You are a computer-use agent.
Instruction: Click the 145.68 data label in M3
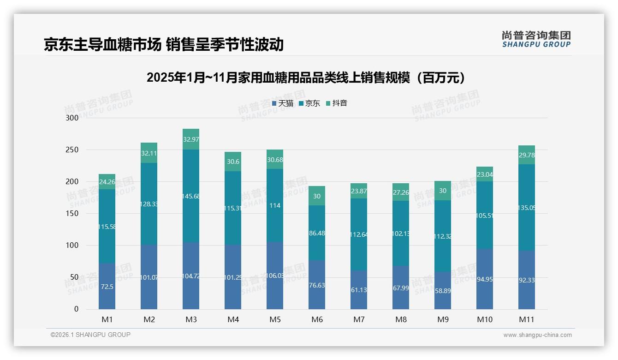click(x=191, y=197)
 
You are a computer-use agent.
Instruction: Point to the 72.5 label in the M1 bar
click(x=107, y=287)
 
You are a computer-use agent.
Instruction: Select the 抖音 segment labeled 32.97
click(x=191, y=139)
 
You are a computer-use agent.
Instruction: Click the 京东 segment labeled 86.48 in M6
click(x=317, y=234)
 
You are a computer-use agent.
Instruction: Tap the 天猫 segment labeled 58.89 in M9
click(x=443, y=291)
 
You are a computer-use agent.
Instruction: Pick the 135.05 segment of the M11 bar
click(x=527, y=208)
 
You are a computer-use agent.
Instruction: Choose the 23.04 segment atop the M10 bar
click(x=485, y=174)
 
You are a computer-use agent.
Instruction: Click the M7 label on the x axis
click(x=359, y=319)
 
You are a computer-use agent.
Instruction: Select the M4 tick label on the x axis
click(x=233, y=319)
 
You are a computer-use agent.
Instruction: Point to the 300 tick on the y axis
click(x=72, y=118)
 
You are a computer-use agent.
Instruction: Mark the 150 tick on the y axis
click(x=72, y=214)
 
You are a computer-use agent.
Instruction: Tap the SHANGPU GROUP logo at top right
click(x=536, y=39)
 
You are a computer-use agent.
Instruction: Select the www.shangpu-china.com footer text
click(x=537, y=335)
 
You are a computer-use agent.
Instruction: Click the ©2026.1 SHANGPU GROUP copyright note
click(x=90, y=335)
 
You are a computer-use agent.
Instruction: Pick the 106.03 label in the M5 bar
click(x=275, y=276)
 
